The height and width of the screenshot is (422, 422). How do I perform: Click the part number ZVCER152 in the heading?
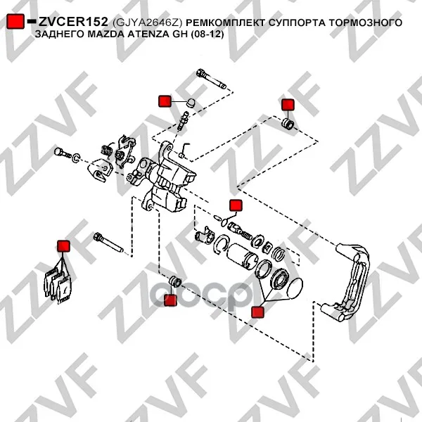click(x=73, y=22)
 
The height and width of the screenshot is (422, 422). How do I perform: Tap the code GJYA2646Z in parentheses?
click(x=147, y=23)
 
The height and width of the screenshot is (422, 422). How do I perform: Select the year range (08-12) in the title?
click(x=207, y=34)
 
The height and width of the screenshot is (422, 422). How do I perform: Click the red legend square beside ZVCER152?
click(x=15, y=22)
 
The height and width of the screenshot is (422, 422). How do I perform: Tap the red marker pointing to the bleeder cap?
click(x=165, y=101)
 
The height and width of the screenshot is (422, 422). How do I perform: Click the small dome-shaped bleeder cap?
click(x=191, y=103)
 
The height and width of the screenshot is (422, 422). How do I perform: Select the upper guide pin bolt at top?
click(x=212, y=79)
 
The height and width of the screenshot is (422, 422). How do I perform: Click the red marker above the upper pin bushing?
click(x=288, y=105)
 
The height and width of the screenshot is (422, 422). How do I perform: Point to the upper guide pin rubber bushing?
click(x=288, y=124)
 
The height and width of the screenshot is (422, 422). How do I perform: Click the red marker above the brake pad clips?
click(x=63, y=246)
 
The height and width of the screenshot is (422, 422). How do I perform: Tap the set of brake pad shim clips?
click(x=58, y=286)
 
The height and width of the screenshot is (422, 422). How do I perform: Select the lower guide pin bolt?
click(x=108, y=242)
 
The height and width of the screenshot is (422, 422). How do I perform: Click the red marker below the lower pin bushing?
click(x=170, y=300)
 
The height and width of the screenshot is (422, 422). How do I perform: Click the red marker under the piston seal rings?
click(x=257, y=312)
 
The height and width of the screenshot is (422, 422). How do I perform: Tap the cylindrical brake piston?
click(x=242, y=256)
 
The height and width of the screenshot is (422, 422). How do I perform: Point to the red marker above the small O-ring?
click(x=236, y=205)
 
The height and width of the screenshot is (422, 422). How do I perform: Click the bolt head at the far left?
click(x=59, y=153)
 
